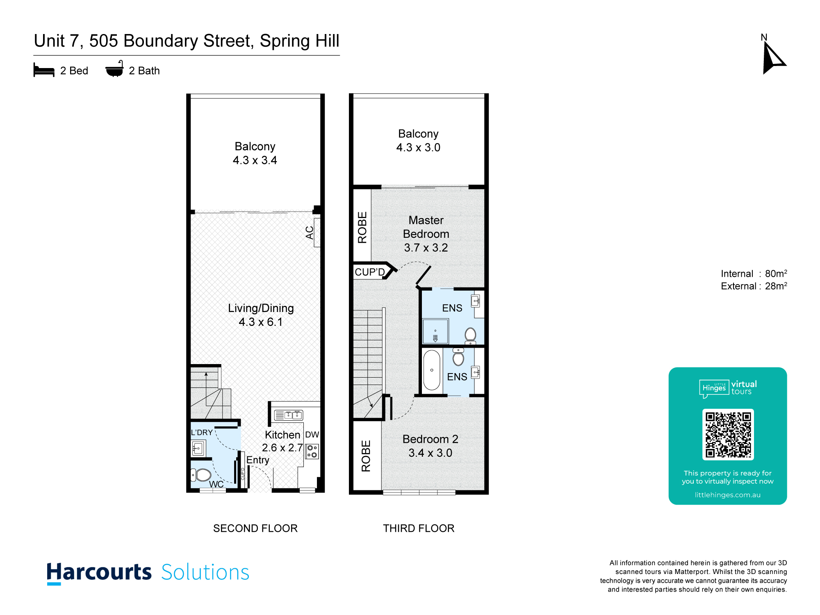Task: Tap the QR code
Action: click(728, 435)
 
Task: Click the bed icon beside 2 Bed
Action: click(44, 70)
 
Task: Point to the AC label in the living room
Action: click(310, 233)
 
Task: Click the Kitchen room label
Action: click(282, 435)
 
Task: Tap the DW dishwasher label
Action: click(312, 435)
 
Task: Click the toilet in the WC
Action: click(201, 475)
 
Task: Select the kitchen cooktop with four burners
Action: click(312, 451)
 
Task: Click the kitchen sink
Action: click(288, 415)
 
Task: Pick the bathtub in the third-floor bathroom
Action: click(432, 370)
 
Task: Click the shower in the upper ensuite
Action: click(435, 331)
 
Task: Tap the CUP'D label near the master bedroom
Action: click(370, 272)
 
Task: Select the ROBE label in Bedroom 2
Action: click(366, 456)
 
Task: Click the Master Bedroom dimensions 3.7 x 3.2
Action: click(426, 248)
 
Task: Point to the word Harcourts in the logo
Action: click(99, 572)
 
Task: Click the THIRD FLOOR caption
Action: click(419, 528)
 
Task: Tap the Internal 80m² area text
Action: click(754, 273)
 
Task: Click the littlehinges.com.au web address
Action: click(728, 495)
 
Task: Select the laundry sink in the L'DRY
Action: click(198, 448)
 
